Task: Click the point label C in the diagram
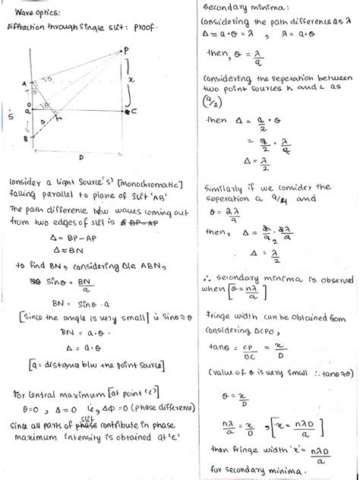[134, 112]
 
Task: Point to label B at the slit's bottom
[25, 140]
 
